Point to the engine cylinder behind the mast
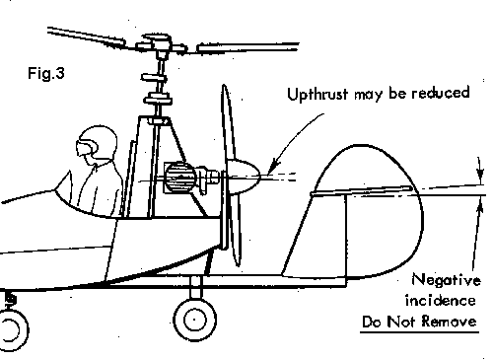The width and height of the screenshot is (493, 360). pyautogui.click(x=180, y=179)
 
